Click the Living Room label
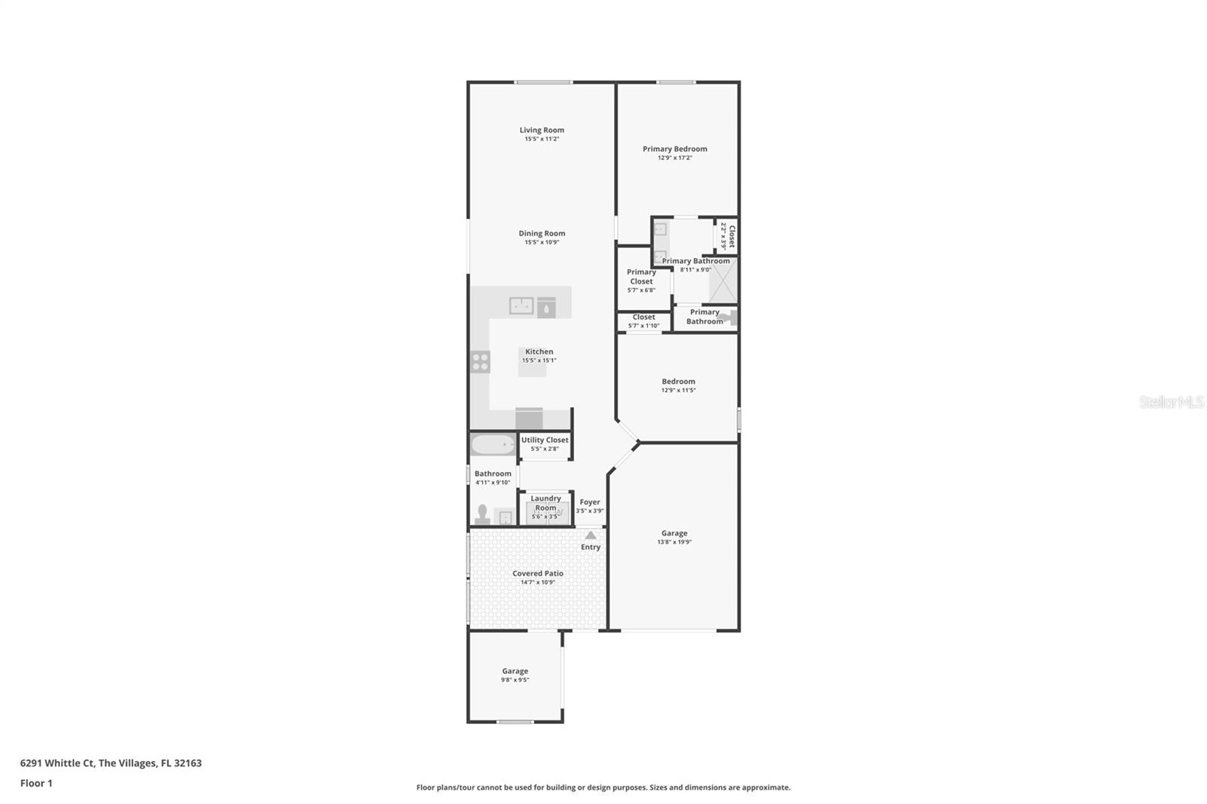coord(542,130)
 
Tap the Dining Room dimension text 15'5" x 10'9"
coord(542,243)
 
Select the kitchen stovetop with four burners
coord(480,361)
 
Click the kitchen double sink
coord(521,306)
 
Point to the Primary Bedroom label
coord(674,149)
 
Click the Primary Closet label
coord(641,277)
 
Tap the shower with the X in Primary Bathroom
coord(723,281)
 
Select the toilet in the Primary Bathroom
coord(728,318)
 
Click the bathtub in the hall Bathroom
coord(493,445)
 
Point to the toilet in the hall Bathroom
coord(482,514)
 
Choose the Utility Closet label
coord(545,440)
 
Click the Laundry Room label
coord(546,503)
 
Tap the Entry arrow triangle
coord(591,535)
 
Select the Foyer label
coord(590,502)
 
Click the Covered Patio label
coord(538,573)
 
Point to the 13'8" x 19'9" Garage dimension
coord(674,542)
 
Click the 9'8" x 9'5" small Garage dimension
coord(515,680)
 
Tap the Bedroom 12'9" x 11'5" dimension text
coord(678,390)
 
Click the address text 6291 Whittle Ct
coord(57,763)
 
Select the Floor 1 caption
coord(36,784)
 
